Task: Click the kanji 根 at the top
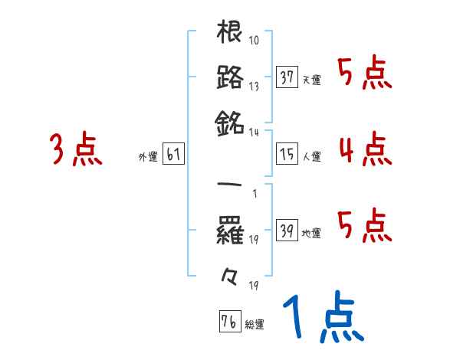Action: [230, 34]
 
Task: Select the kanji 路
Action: [230, 78]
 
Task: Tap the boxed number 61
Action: [172, 155]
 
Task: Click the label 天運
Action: [311, 80]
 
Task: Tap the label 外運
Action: [148, 157]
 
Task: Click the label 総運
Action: [255, 324]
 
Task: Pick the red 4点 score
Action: [365, 149]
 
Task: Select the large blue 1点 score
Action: [322, 319]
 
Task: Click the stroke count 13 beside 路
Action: [254, 86]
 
